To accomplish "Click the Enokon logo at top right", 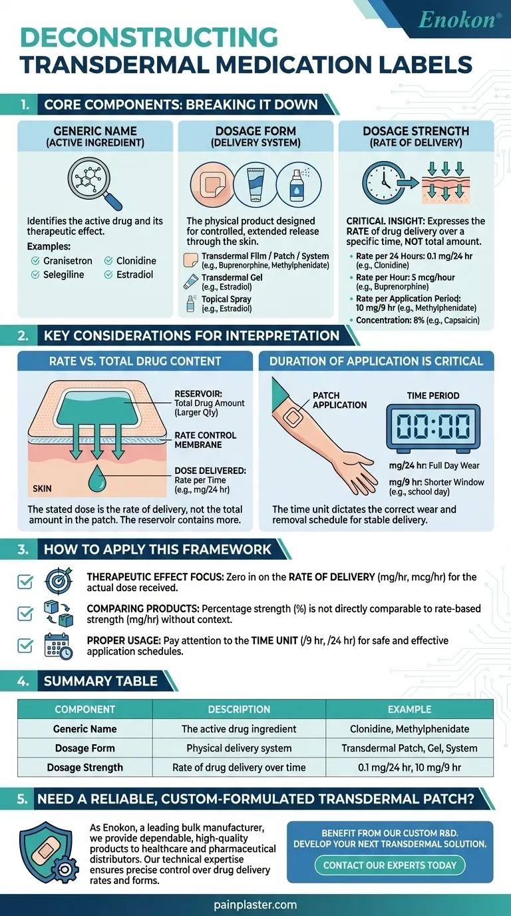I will (460, 20).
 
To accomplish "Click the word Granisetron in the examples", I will (68, 261).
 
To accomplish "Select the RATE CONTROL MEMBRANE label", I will (205, 440).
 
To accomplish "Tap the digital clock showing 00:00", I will (432, 427).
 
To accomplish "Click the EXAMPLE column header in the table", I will (409, 709).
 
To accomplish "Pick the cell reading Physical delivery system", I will (239, 748).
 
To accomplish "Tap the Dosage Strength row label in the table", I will (85, 767).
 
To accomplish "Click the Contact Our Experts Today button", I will (390, 865).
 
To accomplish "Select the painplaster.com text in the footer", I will (255, 905).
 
